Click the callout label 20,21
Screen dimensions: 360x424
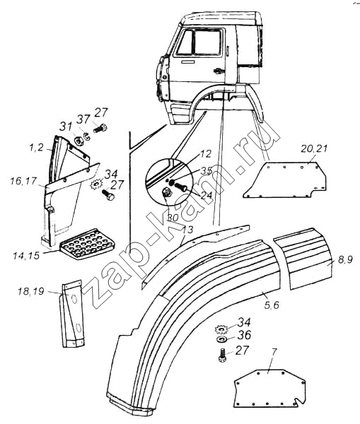tap(314, 149)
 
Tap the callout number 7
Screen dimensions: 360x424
tap(274, 353)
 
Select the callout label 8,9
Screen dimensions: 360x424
tap(345, 260)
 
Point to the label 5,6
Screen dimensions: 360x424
tap(271, 305)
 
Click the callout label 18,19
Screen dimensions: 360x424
tap(31, 292)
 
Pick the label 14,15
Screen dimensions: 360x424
tap(26, 256)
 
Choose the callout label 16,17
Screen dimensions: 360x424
tap(23, 181)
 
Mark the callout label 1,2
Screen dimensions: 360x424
tap(36, 148)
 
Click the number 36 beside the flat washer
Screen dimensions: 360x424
tap(244, 335)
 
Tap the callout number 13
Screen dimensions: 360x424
tap(187, 230)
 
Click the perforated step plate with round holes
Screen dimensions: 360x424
tap(86, 245)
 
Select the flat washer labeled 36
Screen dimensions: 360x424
tap(222, 339)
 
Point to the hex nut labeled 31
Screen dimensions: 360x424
tap(79, 141)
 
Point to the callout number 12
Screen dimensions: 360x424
tap(206, 154)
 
